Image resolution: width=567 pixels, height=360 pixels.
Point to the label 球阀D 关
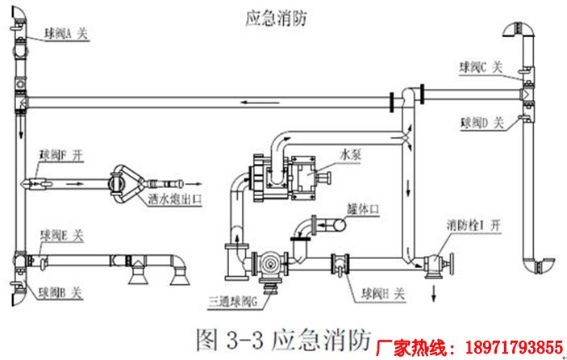[x=482, y=123]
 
